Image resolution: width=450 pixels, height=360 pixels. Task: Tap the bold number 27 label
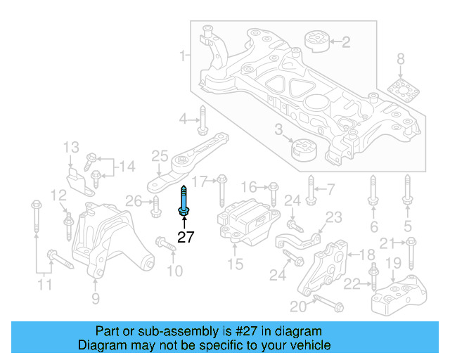point(186,238)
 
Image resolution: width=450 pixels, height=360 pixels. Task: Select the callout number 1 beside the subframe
point(183,56)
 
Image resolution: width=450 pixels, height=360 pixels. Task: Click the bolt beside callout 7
point(311,188)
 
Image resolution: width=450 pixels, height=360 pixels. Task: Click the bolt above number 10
point(164,246)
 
